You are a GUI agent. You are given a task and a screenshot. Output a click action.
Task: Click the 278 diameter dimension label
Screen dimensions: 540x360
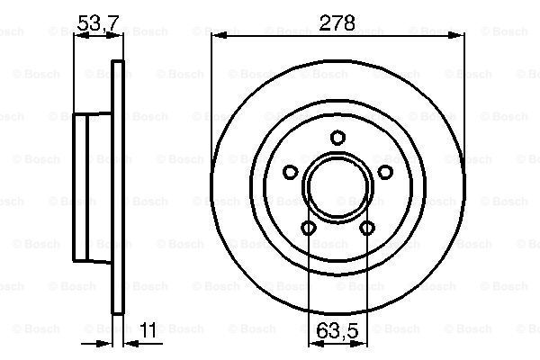tap(337, 23)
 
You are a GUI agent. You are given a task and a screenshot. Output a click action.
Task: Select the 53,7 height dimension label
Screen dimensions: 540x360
tap(98, 23)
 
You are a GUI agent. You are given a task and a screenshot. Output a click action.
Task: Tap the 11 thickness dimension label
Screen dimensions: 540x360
tap(148, 330)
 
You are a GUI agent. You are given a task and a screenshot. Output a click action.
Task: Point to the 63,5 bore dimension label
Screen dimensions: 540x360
tap(337, 330)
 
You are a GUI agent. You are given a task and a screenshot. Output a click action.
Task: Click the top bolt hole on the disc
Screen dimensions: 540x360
tap(337, 138)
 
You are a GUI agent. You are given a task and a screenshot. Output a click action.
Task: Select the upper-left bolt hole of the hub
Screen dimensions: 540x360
tap(291, 172)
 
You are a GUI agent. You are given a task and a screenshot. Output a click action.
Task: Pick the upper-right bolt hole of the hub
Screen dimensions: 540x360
tap(385, 172)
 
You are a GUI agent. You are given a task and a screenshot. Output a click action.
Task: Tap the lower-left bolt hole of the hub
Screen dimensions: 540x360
tap(308, 228)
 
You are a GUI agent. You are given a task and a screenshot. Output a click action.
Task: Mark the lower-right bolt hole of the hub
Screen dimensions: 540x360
tap(367, 228)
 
